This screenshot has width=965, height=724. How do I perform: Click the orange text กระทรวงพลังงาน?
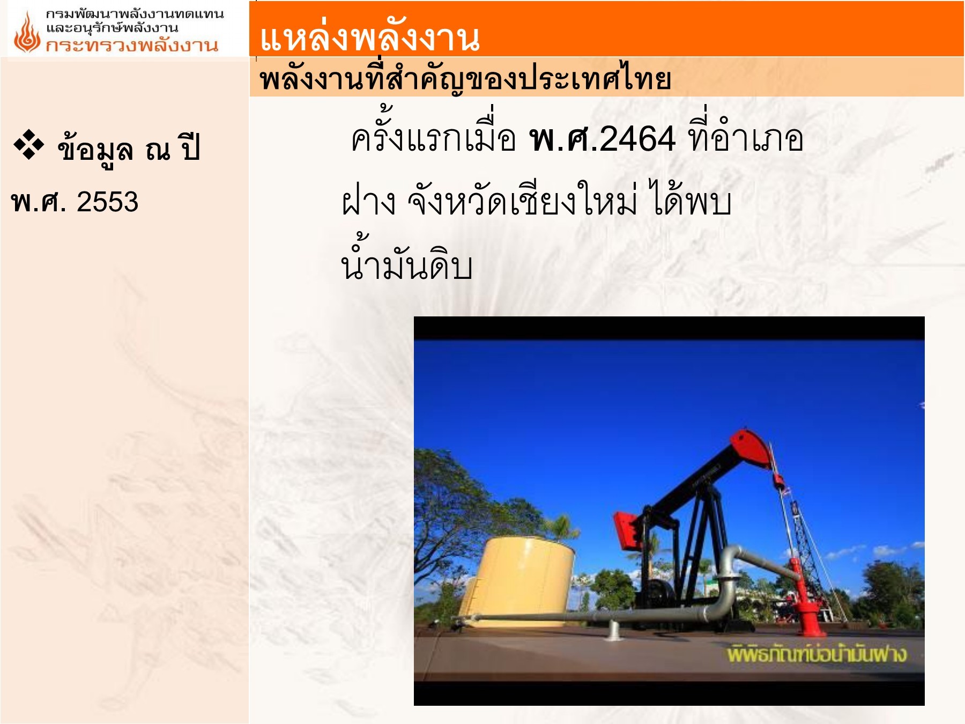click(132, 46)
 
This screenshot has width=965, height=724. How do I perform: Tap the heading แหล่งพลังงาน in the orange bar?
click(369, 38)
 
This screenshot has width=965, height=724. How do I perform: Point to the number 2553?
click(107, 202)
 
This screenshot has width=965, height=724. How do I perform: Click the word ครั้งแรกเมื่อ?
click(433, 139)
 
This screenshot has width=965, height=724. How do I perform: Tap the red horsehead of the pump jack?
click(753, 448)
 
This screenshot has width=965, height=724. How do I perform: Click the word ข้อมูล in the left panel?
click(95, 149)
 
